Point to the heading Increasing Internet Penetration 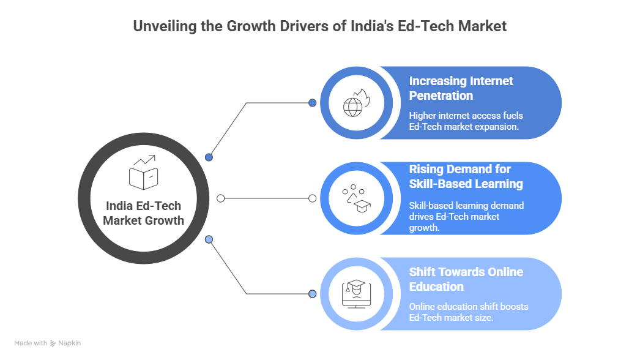[x=461, y=88]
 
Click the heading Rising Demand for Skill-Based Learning [x=466, y=176]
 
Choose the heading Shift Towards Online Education [x=466, y=279]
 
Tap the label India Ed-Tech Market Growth [x=144, y=213]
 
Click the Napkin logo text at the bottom [x=69, y=343]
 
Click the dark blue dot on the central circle [x=209, y=157]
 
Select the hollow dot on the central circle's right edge [x=221, y=198]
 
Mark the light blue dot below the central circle [x=209, y=239]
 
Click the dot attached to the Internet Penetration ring [x=313, y=103]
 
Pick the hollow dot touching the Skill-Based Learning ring [x=313, y=198]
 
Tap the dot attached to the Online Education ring [x=313, y=294]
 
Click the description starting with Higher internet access [x=466, y=121]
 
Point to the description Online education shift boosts [x=468, y=312]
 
